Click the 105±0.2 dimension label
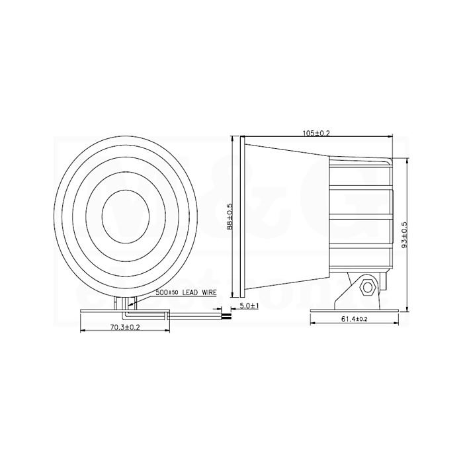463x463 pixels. point(316,133)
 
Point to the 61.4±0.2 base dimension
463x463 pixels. point(354,319)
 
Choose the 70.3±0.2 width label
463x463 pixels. point(125,327)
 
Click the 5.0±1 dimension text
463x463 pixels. point(249,306)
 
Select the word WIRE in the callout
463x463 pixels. point(209,292)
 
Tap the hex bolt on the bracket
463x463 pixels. point(368,287)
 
